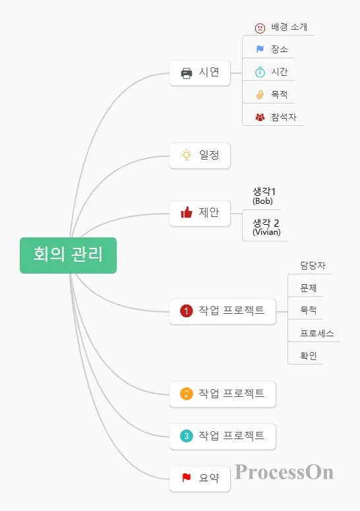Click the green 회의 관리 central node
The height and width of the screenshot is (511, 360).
[68, 255]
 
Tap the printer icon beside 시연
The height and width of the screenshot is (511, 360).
[187, 73]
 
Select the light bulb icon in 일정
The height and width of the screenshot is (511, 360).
[187, 155]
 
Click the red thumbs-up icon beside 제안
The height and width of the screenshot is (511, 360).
[187, 212]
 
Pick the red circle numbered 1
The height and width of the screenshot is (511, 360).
[187, 311]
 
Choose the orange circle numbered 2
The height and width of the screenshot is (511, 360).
[187, 394]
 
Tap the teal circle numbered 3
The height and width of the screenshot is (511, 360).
[187, 436]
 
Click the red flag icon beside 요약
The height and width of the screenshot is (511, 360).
[187, 477]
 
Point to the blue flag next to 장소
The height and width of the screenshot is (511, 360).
[260, 49]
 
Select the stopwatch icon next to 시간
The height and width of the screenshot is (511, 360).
[260, 72]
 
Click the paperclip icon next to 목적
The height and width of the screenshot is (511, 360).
[260, 94]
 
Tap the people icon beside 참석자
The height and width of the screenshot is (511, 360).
[260, 117]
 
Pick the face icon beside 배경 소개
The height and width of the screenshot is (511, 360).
[260, 28]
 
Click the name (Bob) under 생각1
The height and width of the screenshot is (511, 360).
[262, 200]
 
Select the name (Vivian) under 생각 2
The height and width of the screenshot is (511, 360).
[266, 232]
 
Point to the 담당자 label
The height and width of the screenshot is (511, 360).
[313, 266]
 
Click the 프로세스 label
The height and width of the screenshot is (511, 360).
[317, 334]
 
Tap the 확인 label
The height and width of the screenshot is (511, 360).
[309, 356]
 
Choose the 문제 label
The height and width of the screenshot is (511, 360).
[309, 288]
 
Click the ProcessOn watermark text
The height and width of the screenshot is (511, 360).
[284, 472]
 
